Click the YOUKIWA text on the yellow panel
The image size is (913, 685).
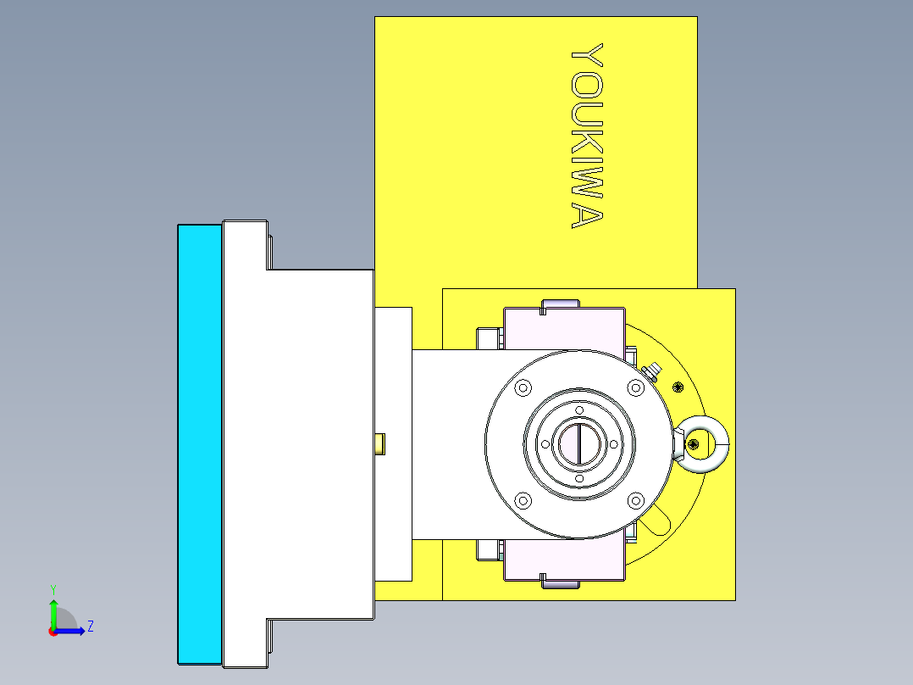586,136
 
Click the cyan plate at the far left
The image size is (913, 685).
200,443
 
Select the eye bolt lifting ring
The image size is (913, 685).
703,443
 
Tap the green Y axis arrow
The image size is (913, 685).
53,611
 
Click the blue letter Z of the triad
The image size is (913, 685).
90,627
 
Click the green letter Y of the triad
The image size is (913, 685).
53,588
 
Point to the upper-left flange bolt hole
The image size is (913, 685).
522,387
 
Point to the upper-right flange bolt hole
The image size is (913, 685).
635,387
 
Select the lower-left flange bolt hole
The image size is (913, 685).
522,500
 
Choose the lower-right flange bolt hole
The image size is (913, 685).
635,500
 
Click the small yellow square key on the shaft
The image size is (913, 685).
380,443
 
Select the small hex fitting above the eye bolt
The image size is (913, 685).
653,370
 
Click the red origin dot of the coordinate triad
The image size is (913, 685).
53,631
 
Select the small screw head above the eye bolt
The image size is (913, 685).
677,387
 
